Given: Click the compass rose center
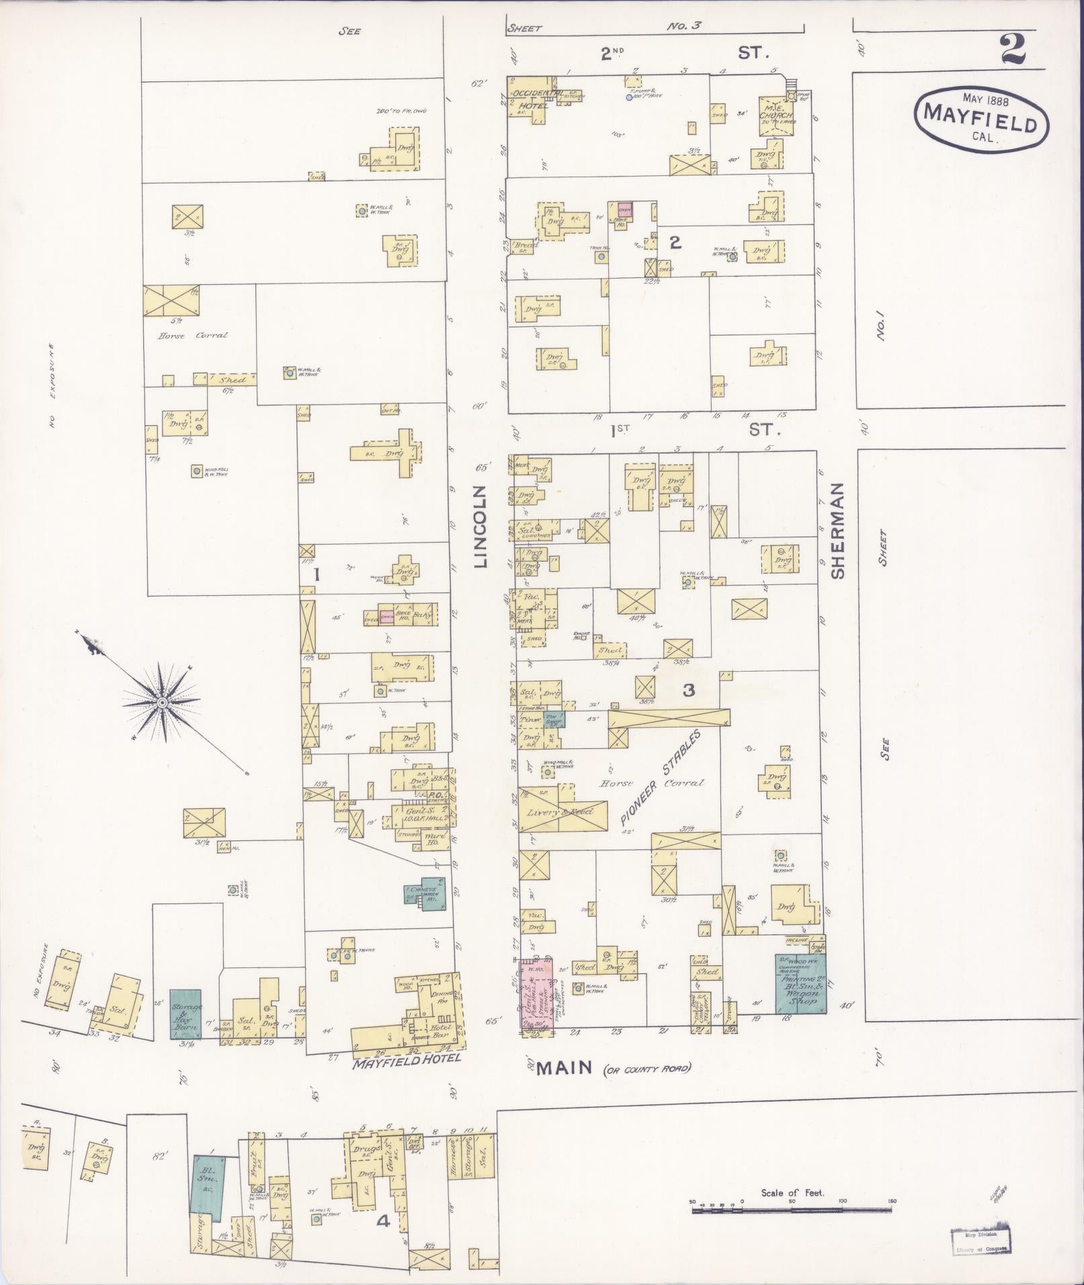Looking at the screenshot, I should (x=161, y=702).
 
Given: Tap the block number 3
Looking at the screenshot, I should (x=688, y=689).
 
